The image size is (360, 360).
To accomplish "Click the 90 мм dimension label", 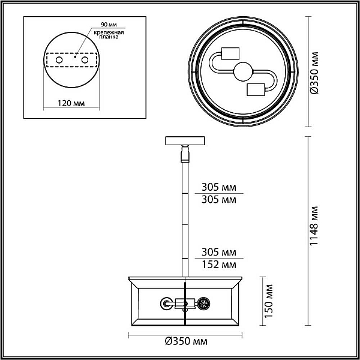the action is click(x=109, y=25).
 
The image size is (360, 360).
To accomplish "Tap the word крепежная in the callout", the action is click(x=109, y=32).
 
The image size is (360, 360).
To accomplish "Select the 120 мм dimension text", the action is click(x=71, y=103).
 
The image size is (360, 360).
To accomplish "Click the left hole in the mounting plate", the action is click(x=59, y=60).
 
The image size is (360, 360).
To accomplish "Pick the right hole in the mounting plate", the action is click(x=85, y=60).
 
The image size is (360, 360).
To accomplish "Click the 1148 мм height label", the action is click(x=314, y=226).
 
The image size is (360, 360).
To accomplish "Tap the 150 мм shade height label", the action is click(x=269, y=301).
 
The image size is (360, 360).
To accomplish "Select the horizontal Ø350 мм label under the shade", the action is click(x=186, y=341).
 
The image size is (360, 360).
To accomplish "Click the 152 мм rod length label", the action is click(x=219, y=265).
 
